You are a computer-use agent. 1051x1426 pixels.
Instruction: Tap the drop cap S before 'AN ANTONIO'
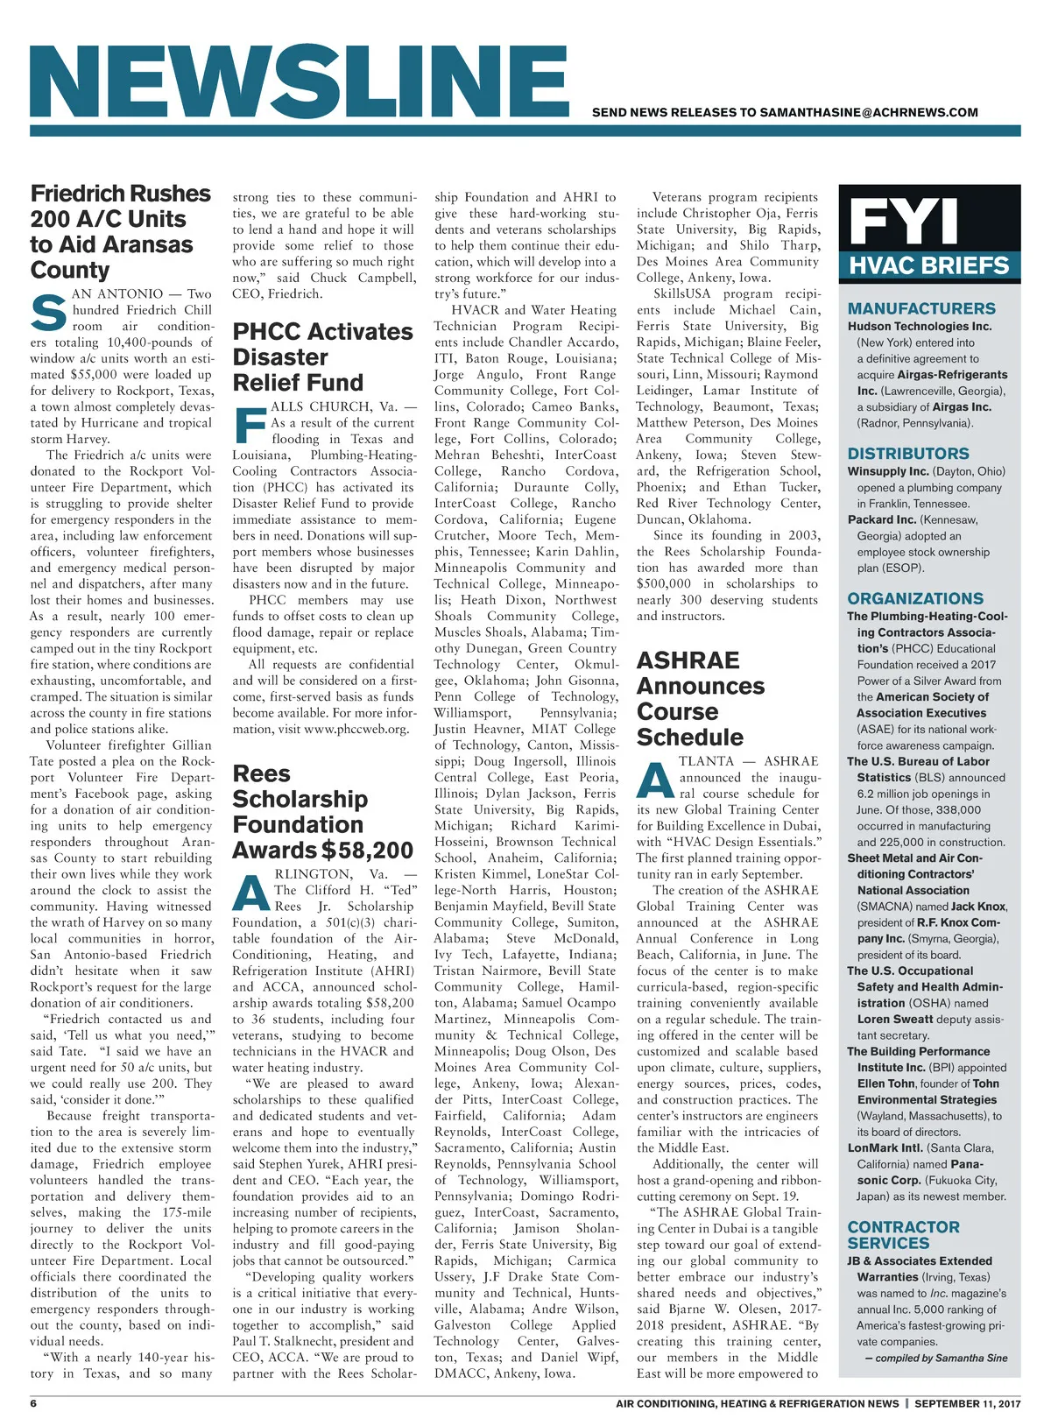pyautogui.click(x=48, y=313)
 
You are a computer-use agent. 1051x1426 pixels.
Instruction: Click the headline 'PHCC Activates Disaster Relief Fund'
pyautogui.click(x=321, y=357)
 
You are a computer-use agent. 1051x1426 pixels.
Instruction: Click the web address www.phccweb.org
pyautogui.click(x=356, y=729)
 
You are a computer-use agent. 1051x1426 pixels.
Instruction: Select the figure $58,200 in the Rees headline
pyautogui.click(x=367, y=851)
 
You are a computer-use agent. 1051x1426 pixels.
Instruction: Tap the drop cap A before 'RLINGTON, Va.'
pyautogui.click(x=252, y=893)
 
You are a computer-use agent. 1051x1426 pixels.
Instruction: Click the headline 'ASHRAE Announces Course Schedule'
pyautogui.click(x=700, y=699)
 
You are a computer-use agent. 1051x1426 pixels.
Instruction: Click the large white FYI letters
pyautogui.click(x=904, y=222)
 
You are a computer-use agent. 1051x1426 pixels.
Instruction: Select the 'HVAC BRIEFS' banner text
pyautogui.click(x=929, y=265)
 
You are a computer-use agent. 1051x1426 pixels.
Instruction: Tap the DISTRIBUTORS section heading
pyautogui.click(x=908, y=454)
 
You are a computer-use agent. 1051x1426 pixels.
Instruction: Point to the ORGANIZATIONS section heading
pyautogui.click(x=915, y=599)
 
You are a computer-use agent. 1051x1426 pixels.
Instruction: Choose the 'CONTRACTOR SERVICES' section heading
pyautogui.click(x=903, y=1235)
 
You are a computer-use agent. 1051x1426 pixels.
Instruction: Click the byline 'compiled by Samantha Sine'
pyautogui.click(x=935, y=1358)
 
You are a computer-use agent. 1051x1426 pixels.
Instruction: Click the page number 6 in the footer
pyautogui.click(x=33, y=1403)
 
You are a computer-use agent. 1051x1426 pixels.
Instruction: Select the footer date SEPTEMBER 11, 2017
pyautogui.click(x=969, y=1403)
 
